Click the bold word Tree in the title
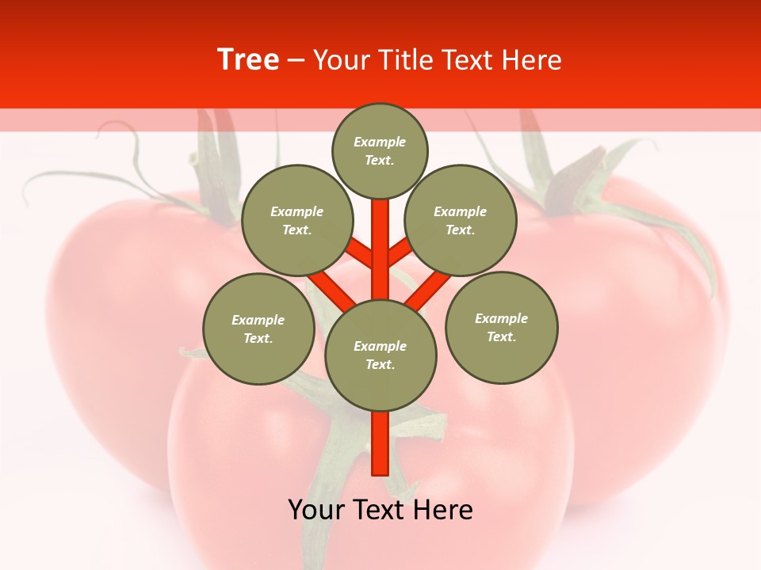(248, 59)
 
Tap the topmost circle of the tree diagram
(380, 150)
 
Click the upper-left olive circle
(296, 220)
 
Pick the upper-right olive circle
(461, 220)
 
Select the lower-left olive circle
(258, 329)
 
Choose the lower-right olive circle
(502, 327)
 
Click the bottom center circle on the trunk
(380, 355)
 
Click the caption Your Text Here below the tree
(380, 510)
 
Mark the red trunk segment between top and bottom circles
(380, 249)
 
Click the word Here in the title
(530, 60)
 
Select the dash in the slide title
(296, 60)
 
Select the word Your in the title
(342, 60)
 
